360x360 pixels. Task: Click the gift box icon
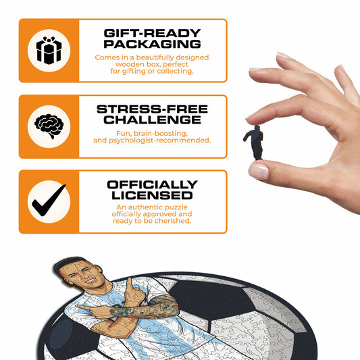coord(49,50)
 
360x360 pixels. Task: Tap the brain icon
coord(49,126)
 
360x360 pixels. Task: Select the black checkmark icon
coord(49,200)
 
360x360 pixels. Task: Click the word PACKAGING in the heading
coord(152,44)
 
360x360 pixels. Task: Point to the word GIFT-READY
coord(152,33)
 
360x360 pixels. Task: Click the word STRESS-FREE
coord(152,109)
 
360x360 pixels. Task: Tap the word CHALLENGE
coord(152,120)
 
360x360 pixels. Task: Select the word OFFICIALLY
coord(152,184)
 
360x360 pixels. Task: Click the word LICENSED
coord(152,195)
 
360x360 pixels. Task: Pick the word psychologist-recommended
coord(159,140)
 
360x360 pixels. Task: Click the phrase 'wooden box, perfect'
coord(152,64)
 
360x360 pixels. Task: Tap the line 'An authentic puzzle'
coord(152,207)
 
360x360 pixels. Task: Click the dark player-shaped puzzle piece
coord(254,143)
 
